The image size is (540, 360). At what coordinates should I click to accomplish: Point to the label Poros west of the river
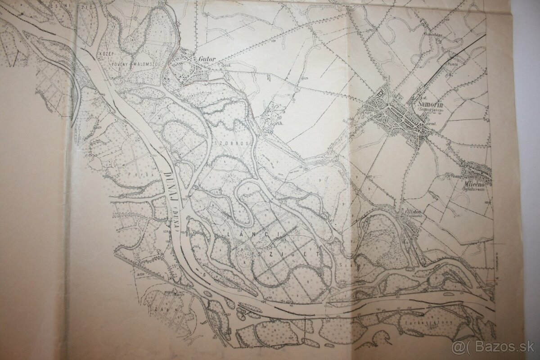pyautogui.click(x=135, y=171)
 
